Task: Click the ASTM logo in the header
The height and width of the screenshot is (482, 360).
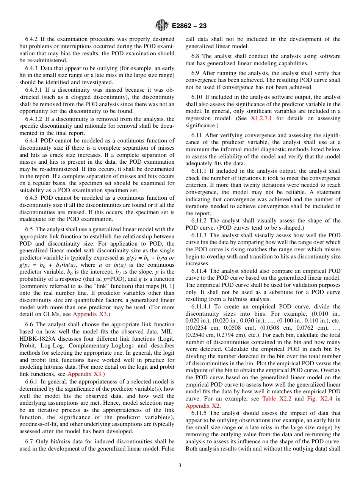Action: (x=162, y=26)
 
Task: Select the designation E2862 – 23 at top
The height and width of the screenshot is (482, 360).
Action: (x=189, y=26)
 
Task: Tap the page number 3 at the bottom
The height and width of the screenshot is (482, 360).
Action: (x=180, y=466)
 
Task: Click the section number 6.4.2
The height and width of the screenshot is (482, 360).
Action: (x=33, y=39)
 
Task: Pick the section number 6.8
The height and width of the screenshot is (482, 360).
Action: (x=196, y=56)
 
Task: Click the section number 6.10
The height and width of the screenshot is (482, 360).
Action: (x=197, y=97)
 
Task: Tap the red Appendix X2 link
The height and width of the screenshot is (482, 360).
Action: (x=202, y=406)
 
